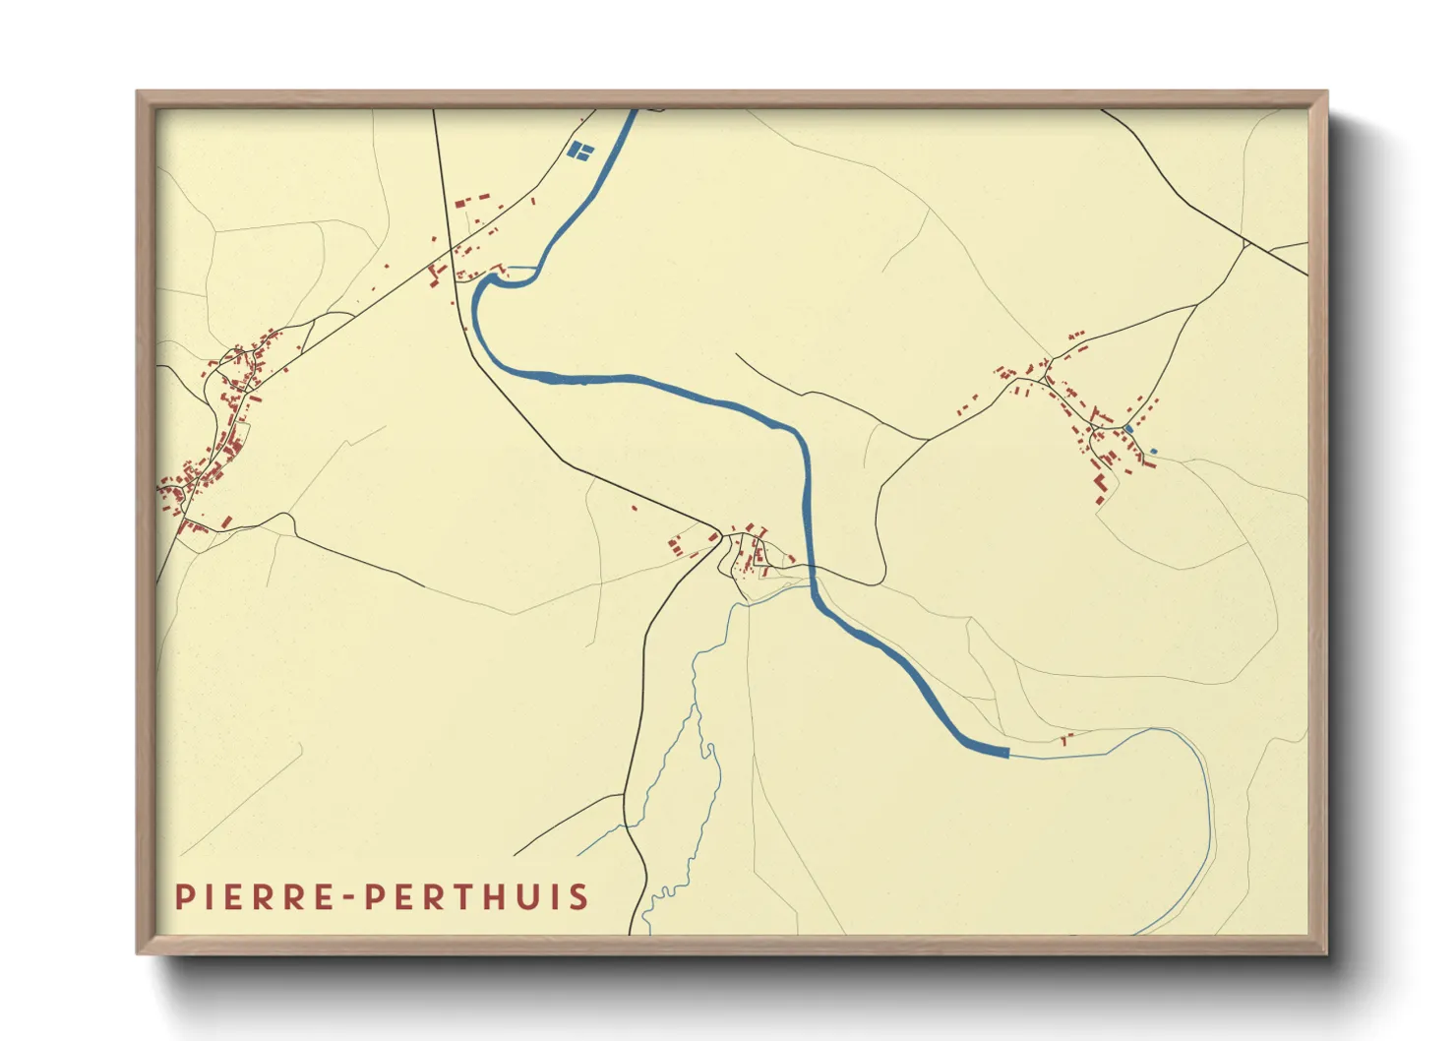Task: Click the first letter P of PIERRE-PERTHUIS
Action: click(x=183, y=897)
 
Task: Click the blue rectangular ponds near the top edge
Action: click(x=580, y=151)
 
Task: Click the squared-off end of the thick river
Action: click(x=1005, y=753)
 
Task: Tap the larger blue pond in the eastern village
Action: click(x=1128, y=429)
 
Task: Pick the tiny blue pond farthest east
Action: click(x=1153, y=452)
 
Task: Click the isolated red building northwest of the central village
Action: click(x=635, y=508)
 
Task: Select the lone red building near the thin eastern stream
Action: click(x=1064, y=736)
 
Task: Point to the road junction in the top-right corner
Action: click(x=1246, y=241)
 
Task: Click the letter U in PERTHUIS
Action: click(x=521, y=897)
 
